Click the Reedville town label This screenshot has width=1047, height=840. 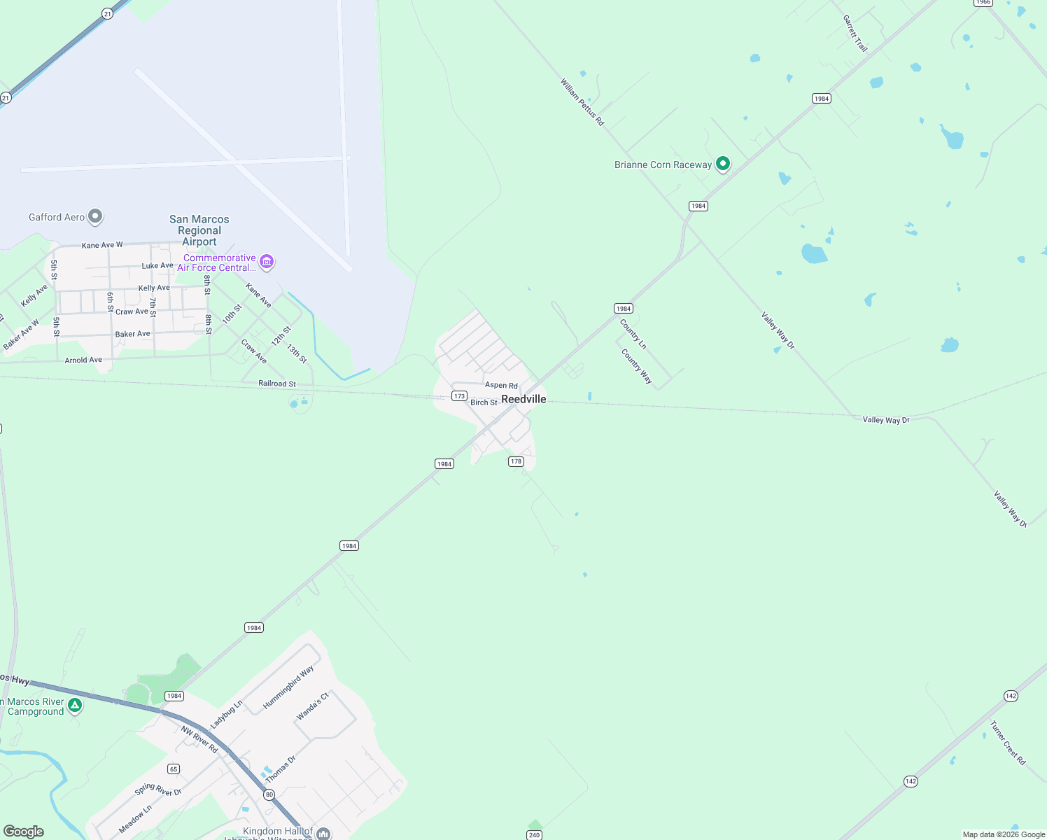(523, 399)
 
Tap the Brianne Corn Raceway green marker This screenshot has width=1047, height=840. (723, 164)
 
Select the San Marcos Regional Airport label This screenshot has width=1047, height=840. (199, 230)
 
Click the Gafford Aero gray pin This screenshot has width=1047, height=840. (96, 216)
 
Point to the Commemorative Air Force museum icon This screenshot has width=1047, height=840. (266, 262)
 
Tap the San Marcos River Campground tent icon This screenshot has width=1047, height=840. (75, 705)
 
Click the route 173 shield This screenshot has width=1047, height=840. (459, 396)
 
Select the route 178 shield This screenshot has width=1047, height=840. (516, 461)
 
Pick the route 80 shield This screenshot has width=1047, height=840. (269, 794)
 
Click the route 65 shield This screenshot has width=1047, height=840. (174, 769)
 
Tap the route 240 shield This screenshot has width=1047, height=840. (534, 834)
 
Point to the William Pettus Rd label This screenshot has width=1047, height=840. (582, 102)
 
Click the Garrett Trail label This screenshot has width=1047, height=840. (855, 34)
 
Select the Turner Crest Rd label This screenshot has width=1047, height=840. (1008, 743)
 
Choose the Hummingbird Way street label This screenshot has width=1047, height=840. (288, 688)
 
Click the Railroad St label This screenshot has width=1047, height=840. (277, 384)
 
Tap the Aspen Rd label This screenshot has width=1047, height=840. (501, 385)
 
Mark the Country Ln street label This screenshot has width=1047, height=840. (633, 335)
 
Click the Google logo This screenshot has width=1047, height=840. (24, 832)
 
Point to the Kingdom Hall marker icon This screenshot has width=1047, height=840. (323, 833)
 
